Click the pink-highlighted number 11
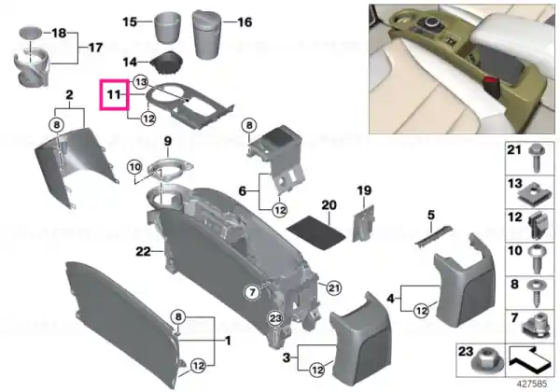114,94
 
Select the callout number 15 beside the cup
130,21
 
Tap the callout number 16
245,22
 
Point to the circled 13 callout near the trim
141,82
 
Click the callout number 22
143,252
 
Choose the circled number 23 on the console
275,318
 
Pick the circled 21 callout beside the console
334,287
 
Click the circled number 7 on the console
252,292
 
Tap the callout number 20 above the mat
329,205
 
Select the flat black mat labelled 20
316,232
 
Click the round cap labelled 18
30,33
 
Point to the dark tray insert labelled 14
167,63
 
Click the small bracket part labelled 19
364,223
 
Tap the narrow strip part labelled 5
433,235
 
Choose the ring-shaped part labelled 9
170,167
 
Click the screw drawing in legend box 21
537,158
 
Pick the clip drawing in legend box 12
538,225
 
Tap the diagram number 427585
532,384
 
